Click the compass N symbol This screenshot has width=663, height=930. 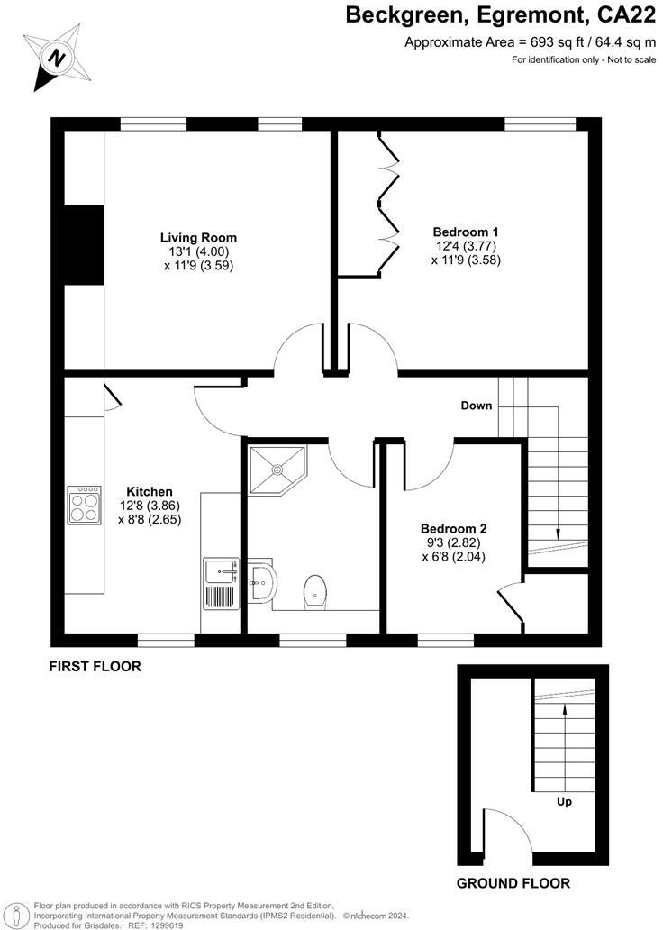tap(58, 59)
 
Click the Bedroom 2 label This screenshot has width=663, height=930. tap(453, 528)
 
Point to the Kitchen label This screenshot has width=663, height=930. tap(150, 491)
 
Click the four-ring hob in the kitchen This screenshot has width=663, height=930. tap(85, 506)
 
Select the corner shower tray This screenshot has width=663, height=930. tap(277, 470)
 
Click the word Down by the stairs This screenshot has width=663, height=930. tap(477, 406)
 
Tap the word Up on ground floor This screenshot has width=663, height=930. tap(565, 800)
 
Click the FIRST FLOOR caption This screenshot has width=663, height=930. tap(95, 668)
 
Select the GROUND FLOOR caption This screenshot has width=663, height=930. tap(513, 883)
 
